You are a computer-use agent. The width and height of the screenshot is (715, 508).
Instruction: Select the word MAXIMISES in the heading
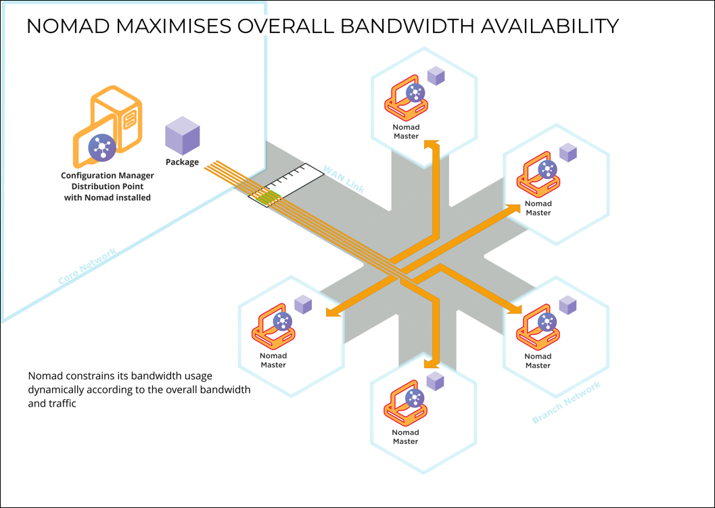pyautogui.click(x=172, y=26)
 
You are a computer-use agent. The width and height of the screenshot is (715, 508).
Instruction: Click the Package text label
pyautogui.click(x=182, y=162)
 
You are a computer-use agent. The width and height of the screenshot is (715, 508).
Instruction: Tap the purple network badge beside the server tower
pyautogui.click(x=101, y=147)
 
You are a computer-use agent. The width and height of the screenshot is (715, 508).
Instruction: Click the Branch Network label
pyautogui.click(x=566, y=403)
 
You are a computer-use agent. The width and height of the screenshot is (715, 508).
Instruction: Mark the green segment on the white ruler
pyautogui.click(x=271, y=196)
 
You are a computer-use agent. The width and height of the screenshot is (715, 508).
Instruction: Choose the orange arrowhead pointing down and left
pyautogui.click(x=331, y=312)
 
